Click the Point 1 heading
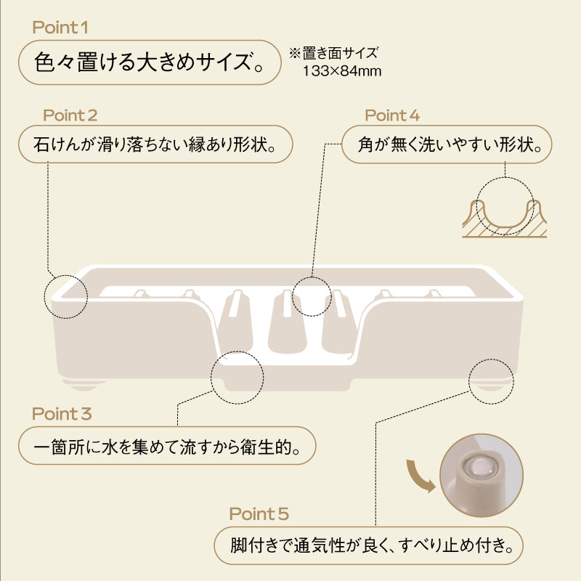[x=60, y=28]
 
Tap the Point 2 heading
[x=70, y=115]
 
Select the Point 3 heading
[x=62, y=413]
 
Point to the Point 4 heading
[x=392, y=115]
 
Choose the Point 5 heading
[x=259, y=513]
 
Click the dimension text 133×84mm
[x=342, y=70]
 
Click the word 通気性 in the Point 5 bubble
[x=320, y=545]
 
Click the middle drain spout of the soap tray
[x=286, y=322]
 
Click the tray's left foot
[x=84, y=385]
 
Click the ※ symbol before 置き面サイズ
[x=295, y=53]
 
